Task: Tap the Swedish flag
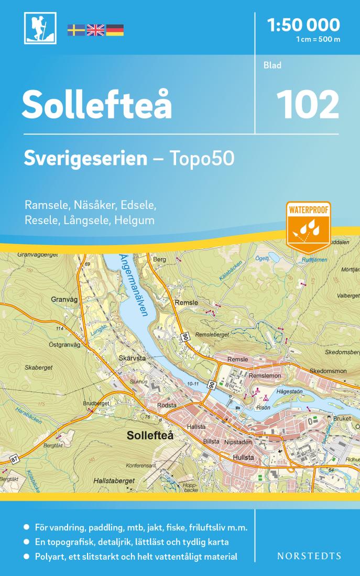point(76,30)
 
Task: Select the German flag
point(115,30)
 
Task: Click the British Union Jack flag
point(95,30)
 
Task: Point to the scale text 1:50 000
point(303,24)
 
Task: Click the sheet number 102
point(307,104)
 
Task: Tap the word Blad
point(273,65)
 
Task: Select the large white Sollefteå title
point(96,104)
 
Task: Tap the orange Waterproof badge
point(308,226)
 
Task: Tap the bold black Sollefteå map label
point(149,435)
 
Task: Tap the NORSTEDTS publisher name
point(309,556)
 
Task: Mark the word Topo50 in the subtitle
point(200,159)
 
